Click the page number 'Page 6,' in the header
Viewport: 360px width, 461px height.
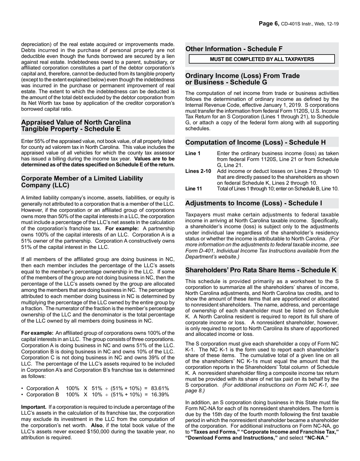click(x=269, y=24)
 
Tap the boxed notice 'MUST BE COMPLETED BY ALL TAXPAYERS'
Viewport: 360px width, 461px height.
click(x=262, y=59)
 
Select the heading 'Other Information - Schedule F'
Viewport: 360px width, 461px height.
click(x=234, y=49)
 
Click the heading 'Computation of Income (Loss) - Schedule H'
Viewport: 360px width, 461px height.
click(x=255, y=143)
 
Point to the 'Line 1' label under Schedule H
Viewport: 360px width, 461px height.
click(x=193, y=154)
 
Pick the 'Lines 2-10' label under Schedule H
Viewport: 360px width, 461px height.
click(x=198, y=171)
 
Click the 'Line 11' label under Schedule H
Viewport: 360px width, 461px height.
click(x=194, y=189)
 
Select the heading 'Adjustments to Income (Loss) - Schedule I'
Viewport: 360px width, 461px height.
click(x=254, y=203)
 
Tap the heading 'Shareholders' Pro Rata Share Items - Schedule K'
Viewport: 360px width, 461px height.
click(x=261, y=270)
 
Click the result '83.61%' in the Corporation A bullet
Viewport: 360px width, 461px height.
click(x=160, y=389)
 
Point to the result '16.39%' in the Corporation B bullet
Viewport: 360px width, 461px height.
click(x=160, y=395)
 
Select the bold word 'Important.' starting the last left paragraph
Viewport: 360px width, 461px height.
click(x=34, y=407)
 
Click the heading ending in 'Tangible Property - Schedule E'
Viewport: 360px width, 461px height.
click(x=71, y=129)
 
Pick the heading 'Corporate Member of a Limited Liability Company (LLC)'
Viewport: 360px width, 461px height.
click(x=82, y=182)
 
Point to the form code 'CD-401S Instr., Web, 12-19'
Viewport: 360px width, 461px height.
click(x=310, y=24)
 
